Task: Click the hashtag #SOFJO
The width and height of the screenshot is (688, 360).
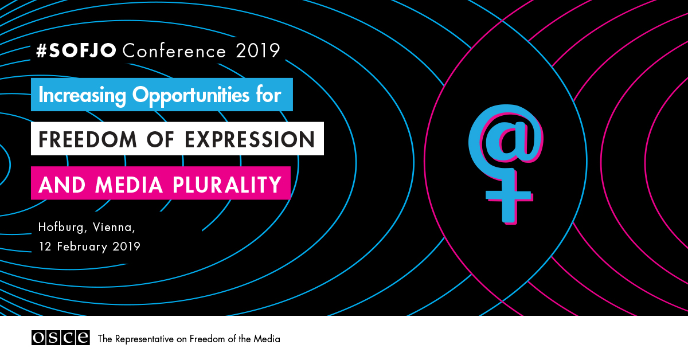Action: (76, 50)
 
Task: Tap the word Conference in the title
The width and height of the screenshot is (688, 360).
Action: (174, 50)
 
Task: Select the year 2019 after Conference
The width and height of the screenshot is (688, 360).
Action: (257, 50)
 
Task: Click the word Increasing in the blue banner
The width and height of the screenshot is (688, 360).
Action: (83, 96)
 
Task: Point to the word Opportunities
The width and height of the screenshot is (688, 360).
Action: (191, 96)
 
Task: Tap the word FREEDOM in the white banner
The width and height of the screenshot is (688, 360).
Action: (88, 139)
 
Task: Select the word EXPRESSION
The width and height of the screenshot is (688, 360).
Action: (250, 139)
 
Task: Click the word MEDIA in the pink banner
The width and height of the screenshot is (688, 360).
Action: (129, 185)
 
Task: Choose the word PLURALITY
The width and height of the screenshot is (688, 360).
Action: (227, 185)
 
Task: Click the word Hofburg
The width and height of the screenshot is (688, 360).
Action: (61, 228)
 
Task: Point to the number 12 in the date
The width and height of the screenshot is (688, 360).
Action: (45, 246)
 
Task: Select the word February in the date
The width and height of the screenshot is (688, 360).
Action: (82, 247)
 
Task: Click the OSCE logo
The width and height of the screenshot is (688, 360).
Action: (61, 338)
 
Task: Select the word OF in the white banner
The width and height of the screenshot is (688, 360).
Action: (161, 139)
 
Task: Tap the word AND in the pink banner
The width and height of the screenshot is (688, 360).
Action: (62, 185)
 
